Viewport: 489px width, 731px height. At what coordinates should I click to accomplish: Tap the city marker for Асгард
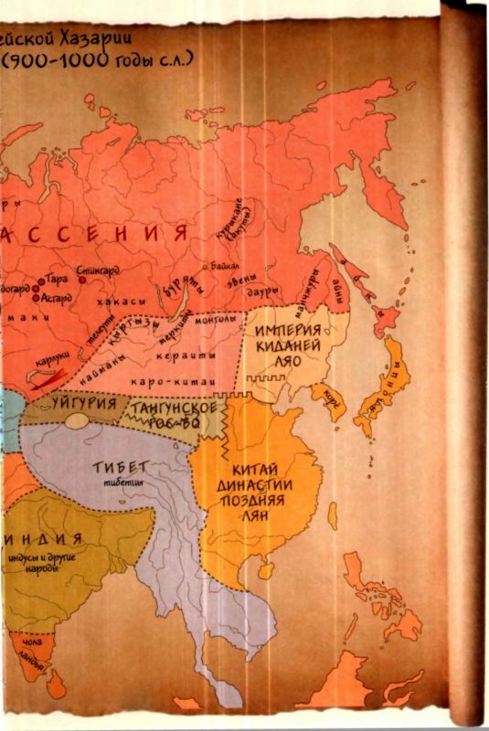coord(36,298)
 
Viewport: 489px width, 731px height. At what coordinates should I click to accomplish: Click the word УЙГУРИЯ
coord(84,402)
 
